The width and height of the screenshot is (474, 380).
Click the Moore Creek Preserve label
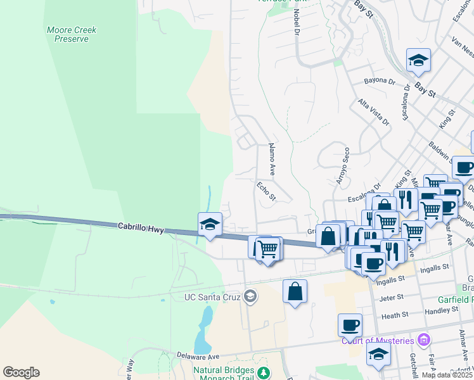click(67, 34)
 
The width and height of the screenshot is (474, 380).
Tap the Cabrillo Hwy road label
click(141, 226)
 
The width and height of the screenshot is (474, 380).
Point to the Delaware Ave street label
click(198, 356)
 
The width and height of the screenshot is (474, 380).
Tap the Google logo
click(21, 372)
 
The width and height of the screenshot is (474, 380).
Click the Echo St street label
click(267, 191)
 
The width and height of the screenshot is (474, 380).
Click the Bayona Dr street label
click(380, 82)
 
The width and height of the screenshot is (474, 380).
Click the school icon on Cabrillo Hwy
click(210, 224)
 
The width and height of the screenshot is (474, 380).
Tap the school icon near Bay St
click(418, 60)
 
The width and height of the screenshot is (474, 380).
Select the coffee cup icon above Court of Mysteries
click(350, 326)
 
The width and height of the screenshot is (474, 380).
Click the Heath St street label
click(395, 315)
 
